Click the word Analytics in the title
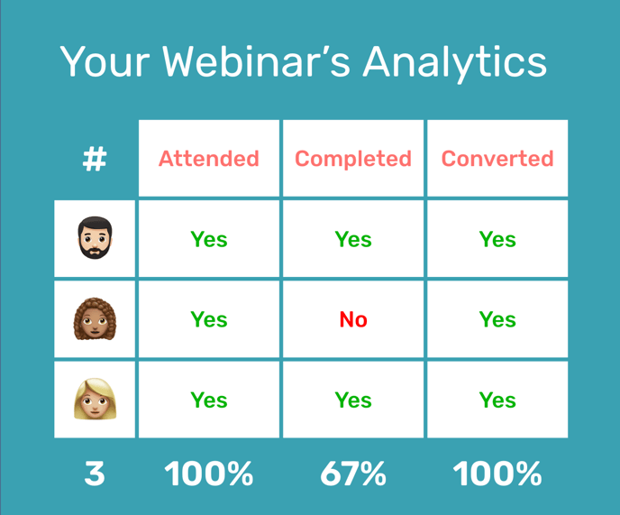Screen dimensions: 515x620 [x=455, y=63]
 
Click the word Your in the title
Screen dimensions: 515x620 [x=105, y=61]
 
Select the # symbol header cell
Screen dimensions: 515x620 [x=95, y=160]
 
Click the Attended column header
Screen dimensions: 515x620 [x=209, y=159]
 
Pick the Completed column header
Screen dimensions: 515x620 [x=353, y=159]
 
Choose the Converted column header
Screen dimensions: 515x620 [x=497, y=159]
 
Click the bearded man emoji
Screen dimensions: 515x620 [x=95, y=239]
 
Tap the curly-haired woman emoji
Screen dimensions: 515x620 [x=95, y=319]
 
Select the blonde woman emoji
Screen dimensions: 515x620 [x=95, y=400]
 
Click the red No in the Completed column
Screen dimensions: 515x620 [x=353, y=319]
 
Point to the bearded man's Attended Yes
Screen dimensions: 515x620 [x=209, y=239]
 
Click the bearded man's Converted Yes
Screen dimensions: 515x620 [x=497, y=239]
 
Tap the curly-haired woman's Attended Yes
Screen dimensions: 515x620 [x=209, y=319]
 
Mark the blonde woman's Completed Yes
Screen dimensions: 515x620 [x=353, y=400]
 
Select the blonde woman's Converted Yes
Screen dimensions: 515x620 [x=497, y=400]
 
